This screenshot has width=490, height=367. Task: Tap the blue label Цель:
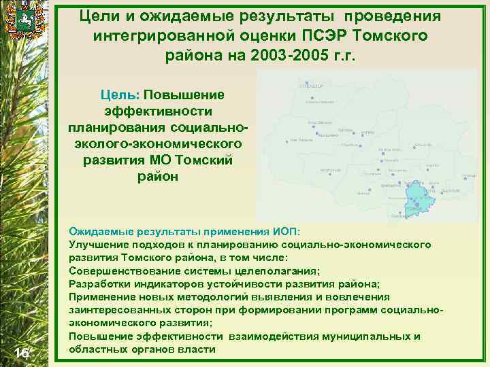pyautogui.click(x=120, y=94)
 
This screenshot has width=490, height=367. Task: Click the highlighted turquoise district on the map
pyautogui.click(x=416, y=198)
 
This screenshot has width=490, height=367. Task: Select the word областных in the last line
pyautogui.click(x=97, y=349)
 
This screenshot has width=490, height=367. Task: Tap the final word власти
pyautogui.click(x=198, y=349)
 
